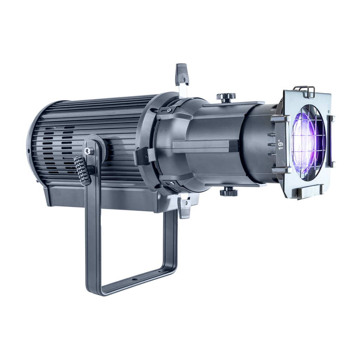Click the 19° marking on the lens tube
tap(281, 144)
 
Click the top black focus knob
tap(226, 96)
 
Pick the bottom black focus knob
tap(229, 192)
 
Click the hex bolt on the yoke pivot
tap(88, 151)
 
